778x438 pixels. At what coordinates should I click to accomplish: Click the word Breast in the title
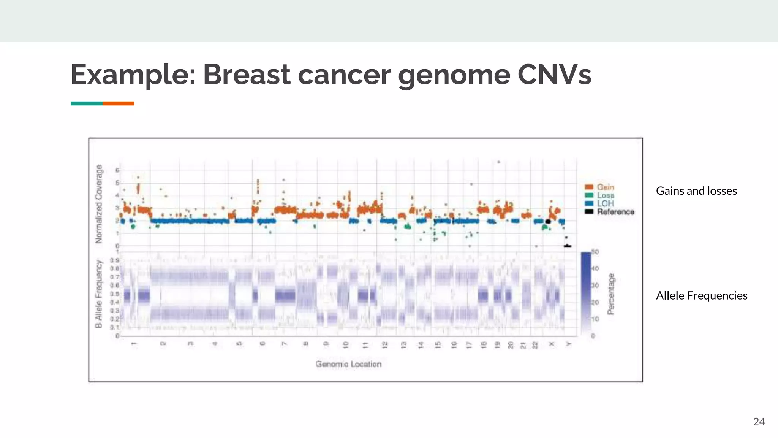coord(247,75)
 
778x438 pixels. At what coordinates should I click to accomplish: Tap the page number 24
coord(759,422)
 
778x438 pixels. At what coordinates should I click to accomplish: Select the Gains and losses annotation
coord(696,191)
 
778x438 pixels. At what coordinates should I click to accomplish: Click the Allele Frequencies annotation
coord(701,295)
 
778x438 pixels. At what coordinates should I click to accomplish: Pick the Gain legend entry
coord(605,187)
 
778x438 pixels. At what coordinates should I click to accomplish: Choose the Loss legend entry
coord(605,195)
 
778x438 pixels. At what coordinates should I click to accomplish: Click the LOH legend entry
coord(605,203)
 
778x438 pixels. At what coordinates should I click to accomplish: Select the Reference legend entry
coord(615,212)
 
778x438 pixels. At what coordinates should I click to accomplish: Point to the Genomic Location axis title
coord(348,364)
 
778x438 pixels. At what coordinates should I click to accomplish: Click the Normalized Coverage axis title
coord(99,204)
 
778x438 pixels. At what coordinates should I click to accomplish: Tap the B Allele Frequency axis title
coord(99,294)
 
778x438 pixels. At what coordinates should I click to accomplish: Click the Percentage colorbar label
coord(611,294)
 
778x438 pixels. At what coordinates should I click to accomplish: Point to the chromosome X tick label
coord(552,344)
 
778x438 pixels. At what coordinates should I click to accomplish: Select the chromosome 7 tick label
coord(284,344)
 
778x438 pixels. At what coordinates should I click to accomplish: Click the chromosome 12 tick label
coord(384,345)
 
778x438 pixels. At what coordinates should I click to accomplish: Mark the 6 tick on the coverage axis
coord(117,170)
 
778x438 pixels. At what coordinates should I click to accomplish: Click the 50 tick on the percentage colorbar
coord(595,252)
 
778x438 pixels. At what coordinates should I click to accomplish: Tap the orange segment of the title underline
coord(118,103)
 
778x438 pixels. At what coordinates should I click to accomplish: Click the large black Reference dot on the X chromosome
coord(548,221)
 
